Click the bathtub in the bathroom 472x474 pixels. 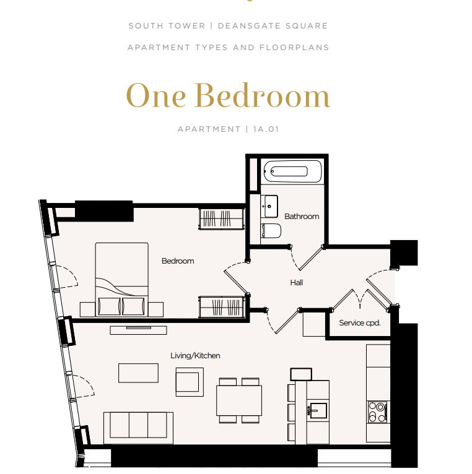tap(292, 171)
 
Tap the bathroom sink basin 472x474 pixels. tap(269, 207)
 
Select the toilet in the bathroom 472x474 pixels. tap(271, 231)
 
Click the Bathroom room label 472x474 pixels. tap(302, 217)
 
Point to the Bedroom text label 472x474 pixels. tap(178, 261)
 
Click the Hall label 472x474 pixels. tap(297, 283)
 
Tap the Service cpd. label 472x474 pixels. tap(360, 323)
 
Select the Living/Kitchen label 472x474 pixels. tap(195, 355)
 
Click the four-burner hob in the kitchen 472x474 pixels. tap(378, 412)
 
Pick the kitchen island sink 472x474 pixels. tap(318, 411)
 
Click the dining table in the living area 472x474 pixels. tap(239, 400)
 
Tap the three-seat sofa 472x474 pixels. tap(138, 427)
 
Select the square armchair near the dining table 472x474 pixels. tap(190, 382)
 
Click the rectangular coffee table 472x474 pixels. tap(138, 373)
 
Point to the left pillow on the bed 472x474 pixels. tap(109, 306)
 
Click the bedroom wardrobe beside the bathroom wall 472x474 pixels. tap(222, 219)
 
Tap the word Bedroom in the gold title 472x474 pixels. tap(262, 96)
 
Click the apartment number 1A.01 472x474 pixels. tap(266, 129)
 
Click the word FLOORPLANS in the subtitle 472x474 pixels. tap(294, 48)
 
